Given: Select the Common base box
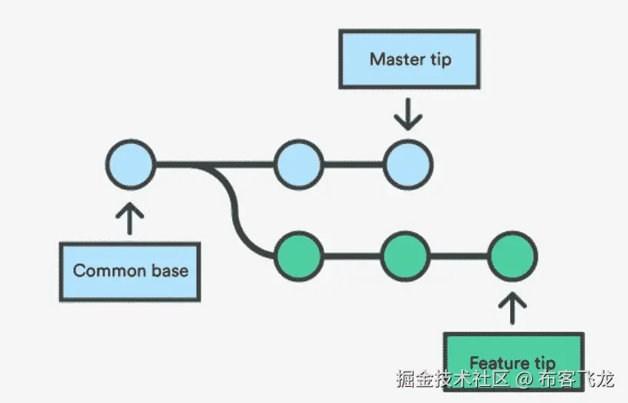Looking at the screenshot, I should pyautogui.click(x=130, y=270).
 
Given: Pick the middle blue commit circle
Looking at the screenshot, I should pyautogui.click(x=298, y=164).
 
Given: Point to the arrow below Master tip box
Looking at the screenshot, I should pyautogui.click(x=408, y=114).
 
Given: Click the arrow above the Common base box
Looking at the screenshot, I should pyautogui.click(x=130, y=217).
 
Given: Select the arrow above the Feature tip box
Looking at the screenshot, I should pyautogui.click(x=513, y=308).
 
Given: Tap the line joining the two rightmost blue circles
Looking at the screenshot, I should pyautogui.click(x=353, y=164).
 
